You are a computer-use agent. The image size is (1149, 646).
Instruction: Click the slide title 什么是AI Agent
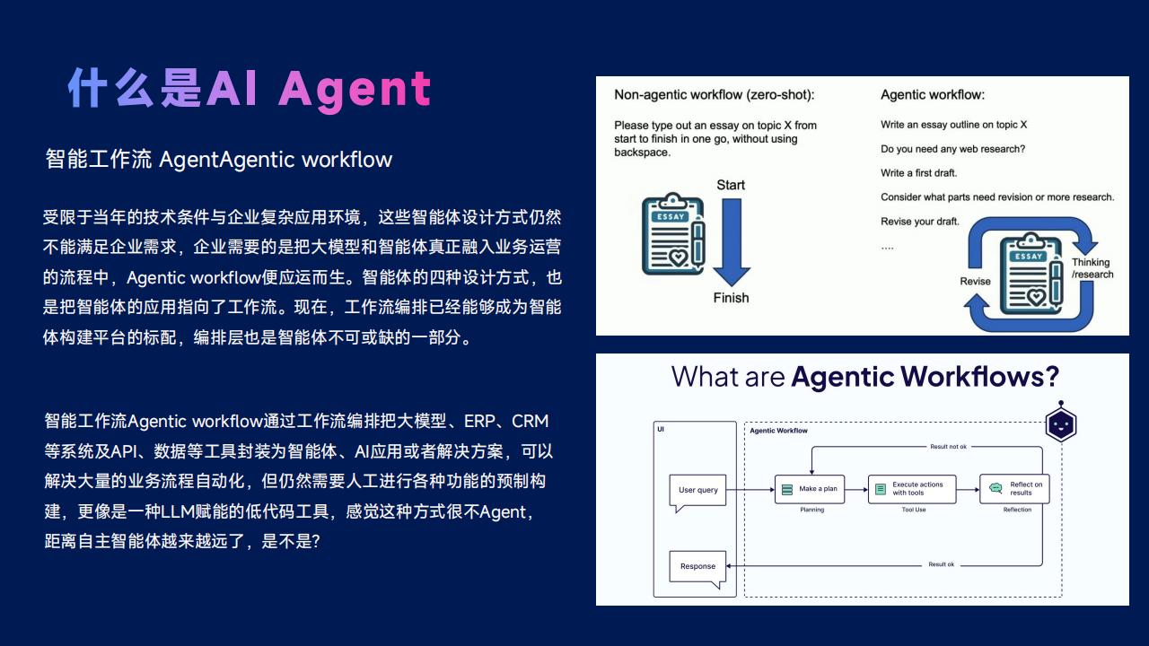point(250,89)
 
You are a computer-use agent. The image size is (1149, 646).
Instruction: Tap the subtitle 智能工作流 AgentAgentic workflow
point(219,160)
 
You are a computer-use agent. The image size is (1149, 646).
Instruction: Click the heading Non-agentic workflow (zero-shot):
point(714,95)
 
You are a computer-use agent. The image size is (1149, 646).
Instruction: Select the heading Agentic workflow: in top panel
point(933,95)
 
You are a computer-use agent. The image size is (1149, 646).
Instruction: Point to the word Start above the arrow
point(731,185)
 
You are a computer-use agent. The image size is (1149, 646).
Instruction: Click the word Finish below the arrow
point(731,298)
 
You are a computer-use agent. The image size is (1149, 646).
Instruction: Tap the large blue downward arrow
point(732,242)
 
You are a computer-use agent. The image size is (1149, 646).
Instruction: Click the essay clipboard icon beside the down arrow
point(673,234)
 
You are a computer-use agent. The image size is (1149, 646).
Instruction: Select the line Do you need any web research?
point(952,149)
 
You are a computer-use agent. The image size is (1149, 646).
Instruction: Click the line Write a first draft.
point(918,173)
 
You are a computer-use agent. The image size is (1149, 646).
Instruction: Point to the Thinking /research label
point(1092,268)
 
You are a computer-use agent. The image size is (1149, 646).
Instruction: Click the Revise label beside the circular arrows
point(975,282)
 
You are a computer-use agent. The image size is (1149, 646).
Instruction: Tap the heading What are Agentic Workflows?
point(864,377)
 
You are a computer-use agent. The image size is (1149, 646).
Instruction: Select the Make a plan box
point(810,489)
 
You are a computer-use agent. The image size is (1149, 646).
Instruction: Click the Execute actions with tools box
point(912,489)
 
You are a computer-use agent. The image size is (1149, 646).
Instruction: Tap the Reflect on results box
point(1014,489)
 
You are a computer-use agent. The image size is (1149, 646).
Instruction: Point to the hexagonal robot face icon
point(1061,423)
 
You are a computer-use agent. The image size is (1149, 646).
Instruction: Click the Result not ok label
point(948,447)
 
